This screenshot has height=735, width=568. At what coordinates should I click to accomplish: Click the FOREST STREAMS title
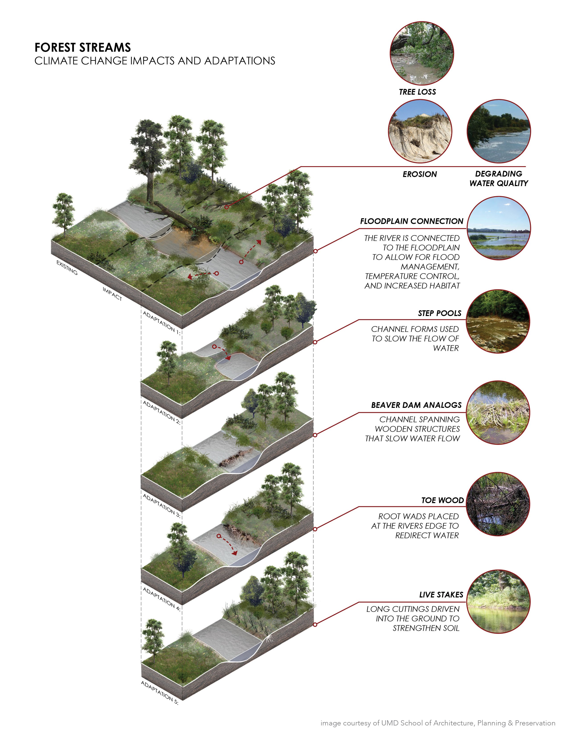[x=83, y=47]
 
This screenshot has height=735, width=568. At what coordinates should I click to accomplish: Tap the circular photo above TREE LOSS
[x=422, y=53]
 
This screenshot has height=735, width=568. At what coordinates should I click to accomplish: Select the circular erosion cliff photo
[x=420, y=131]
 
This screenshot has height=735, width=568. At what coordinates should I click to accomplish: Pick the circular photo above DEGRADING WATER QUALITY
[x=499, y=131]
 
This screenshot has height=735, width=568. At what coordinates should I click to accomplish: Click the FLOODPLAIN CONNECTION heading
[x=412, y=221]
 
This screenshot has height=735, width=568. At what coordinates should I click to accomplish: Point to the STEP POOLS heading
[x=439, y=313]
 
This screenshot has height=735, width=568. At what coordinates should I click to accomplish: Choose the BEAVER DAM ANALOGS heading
[x=416, y=405]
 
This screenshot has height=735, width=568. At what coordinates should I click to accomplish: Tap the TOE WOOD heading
[x=443, y=500]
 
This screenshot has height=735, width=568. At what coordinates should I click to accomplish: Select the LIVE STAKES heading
[x=441, y=595]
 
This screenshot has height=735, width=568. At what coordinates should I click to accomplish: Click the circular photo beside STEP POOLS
[x=498, y=321]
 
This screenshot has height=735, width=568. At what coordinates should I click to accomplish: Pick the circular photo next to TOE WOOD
[x=498, y=504]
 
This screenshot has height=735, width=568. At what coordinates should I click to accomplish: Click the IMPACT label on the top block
[x=112, y=294]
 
